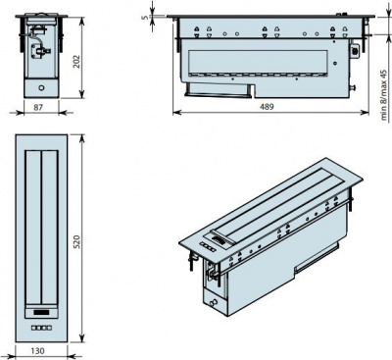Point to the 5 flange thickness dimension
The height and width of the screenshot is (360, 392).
144,16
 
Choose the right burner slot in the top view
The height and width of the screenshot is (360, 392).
52,226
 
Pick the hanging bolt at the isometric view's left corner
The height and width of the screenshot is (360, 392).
185,261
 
